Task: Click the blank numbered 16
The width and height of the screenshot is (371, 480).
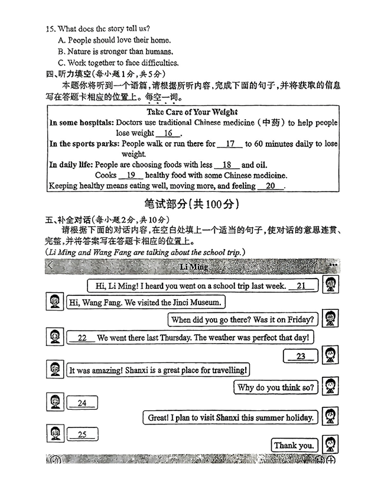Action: pyautogui.click(x=168, y=133)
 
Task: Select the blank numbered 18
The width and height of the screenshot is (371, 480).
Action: pyautogui.click(x=227, y=165)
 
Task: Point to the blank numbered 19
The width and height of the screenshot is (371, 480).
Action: pyautogui.click(x=131, y=175)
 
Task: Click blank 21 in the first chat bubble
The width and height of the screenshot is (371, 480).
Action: pyautogui.click(x=301, y=286)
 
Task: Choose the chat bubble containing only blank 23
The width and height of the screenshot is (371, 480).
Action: pyautogui.click(x=301, y=356)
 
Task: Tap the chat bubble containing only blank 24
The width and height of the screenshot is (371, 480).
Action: pyautogui.click(x=82, y=403)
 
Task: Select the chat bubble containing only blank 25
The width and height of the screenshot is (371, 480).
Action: pyautogui.click(x=82, y=435)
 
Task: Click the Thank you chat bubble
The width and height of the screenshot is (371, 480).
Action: pyautogui.click(x=294, y=446)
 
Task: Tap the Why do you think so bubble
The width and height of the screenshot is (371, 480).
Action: pyautogui.click(x=275, y=388)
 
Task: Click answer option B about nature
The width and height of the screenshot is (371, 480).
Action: pyautogui.click(x=115, y=51)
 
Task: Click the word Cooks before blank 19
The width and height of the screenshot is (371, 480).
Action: pyautogui.click(x=106, y=175)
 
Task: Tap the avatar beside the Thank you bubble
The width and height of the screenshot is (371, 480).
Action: pyautogui.click(x=330, y=445)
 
